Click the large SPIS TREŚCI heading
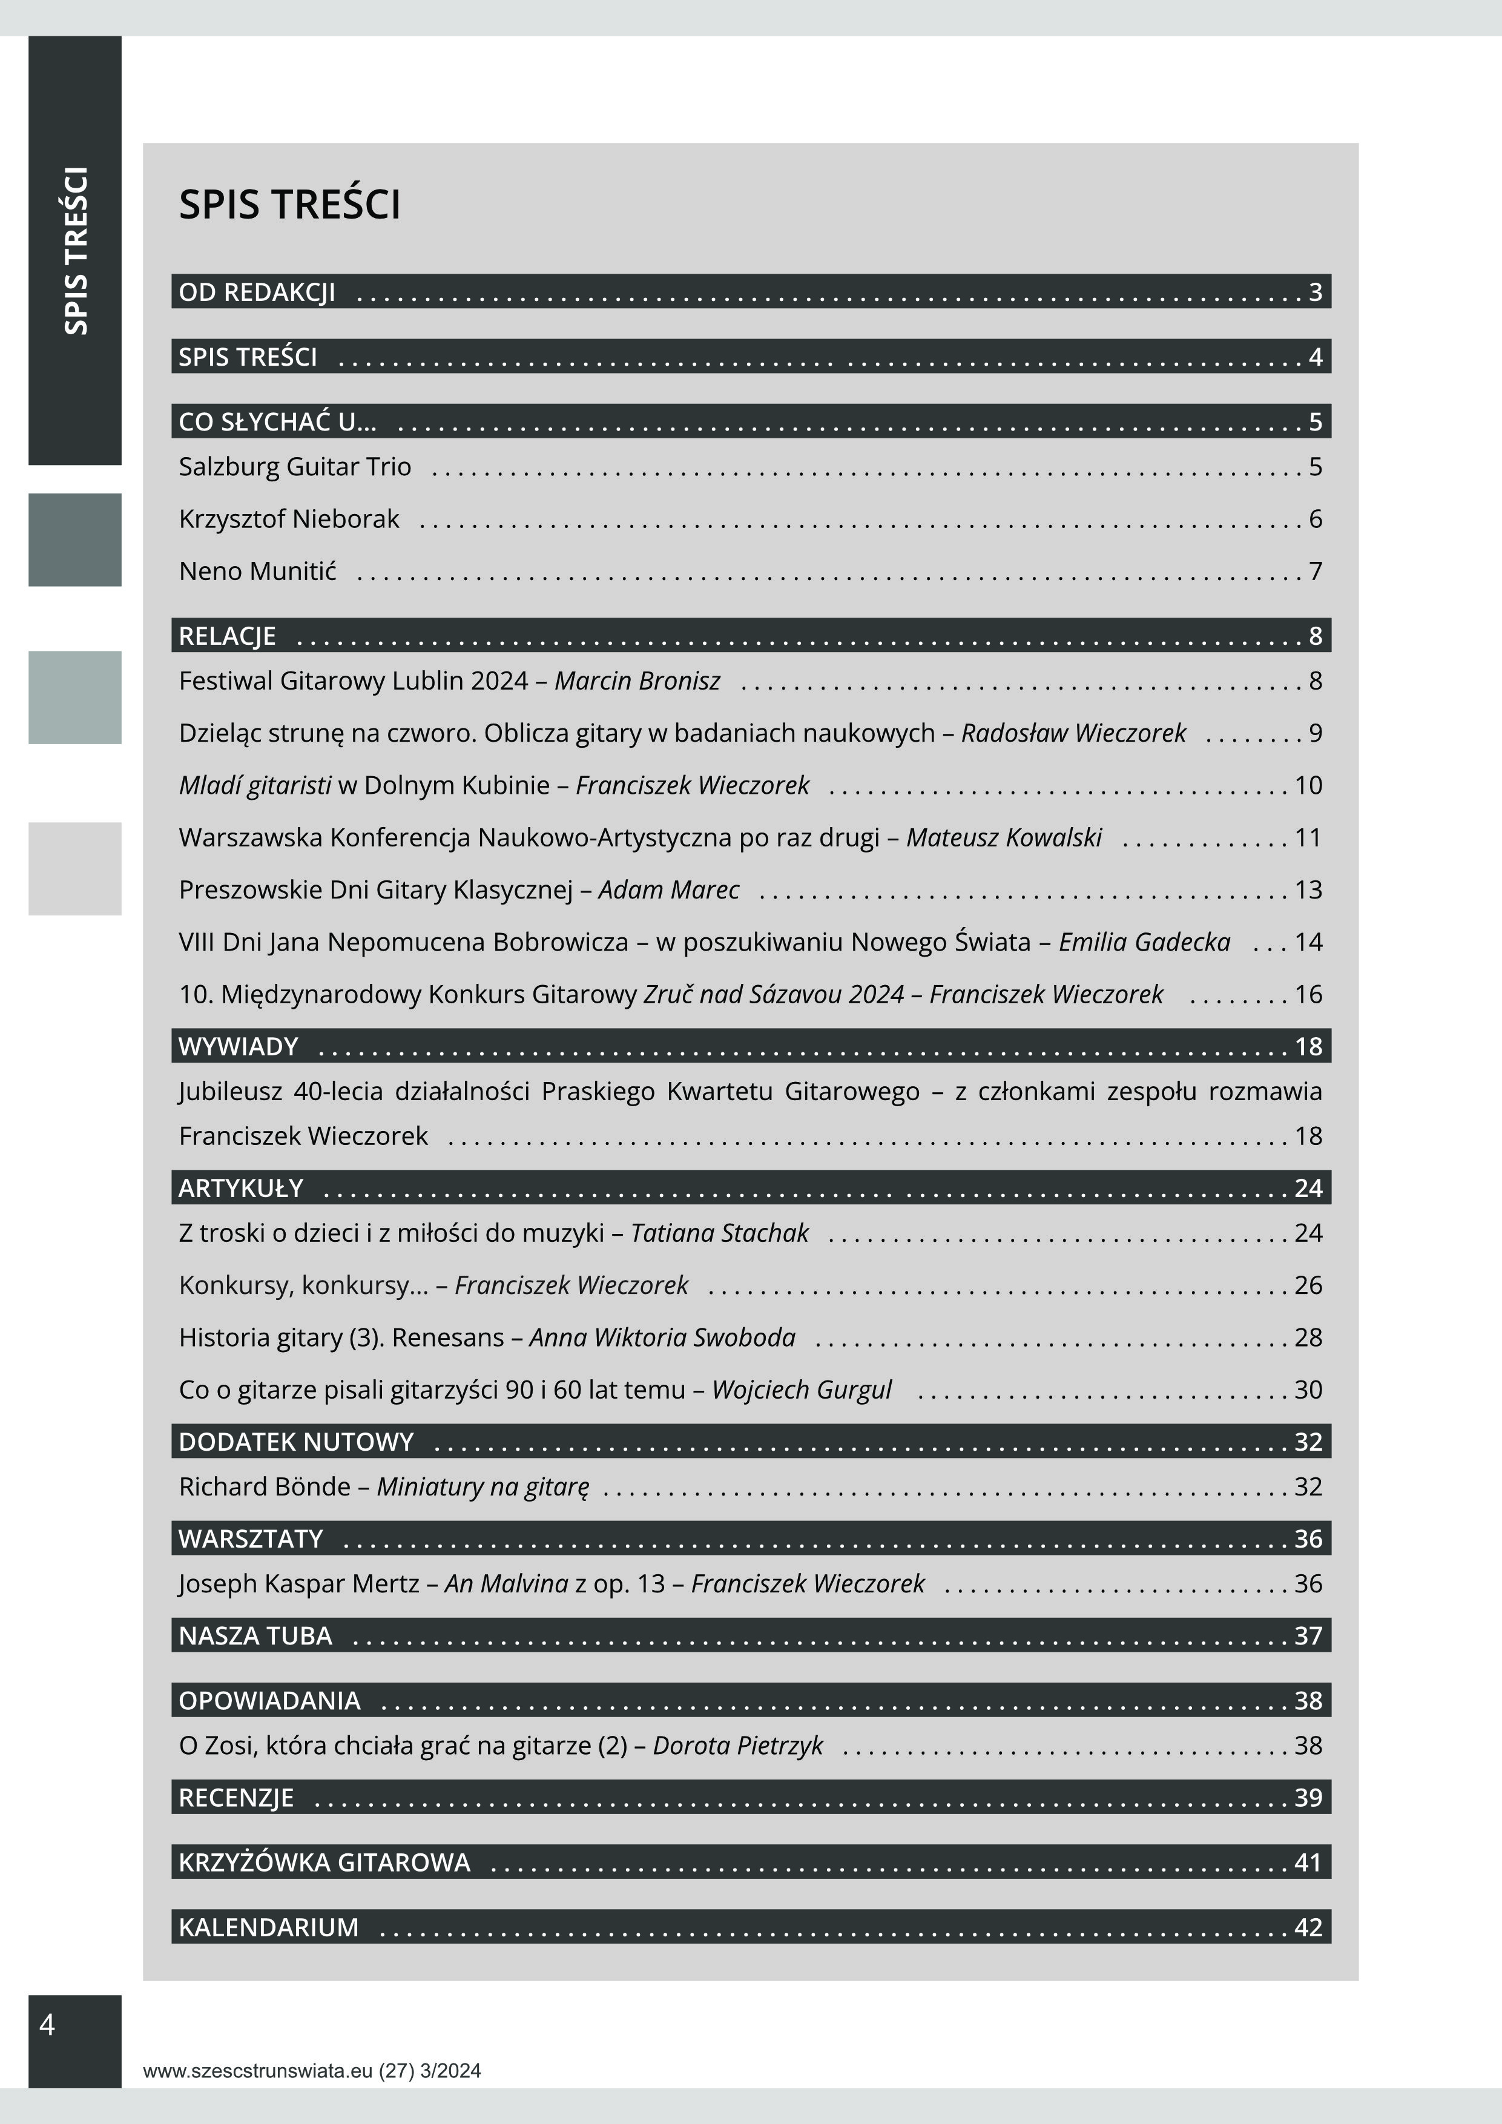point(289,205)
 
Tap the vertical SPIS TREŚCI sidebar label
point(76,251)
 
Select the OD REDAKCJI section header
point(257,292)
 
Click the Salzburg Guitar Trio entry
point(295,466)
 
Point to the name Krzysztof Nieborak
point(289,519)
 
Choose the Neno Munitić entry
point(257,571)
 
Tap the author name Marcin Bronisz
point(637,681)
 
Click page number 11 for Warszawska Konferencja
point(1308,838)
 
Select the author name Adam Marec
point(669,890)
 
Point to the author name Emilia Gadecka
point(1144,942)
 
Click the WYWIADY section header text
point(239,1046)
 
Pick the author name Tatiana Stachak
point(720,1233)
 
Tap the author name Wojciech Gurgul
point(801,1390)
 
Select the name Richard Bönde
point(265,1486)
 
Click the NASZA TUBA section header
point(255,1635)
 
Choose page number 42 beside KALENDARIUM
point(1308,1927)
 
